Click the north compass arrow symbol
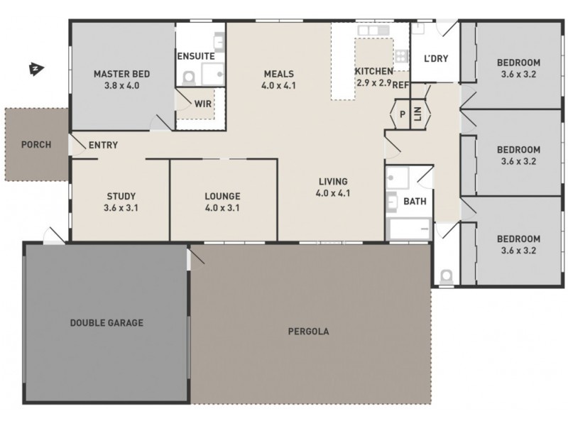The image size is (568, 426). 34,69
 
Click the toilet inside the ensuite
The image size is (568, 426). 189,76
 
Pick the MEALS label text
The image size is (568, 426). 279,73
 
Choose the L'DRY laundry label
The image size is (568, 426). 435,58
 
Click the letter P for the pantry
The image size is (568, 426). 401,114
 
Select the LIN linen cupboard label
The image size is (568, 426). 417,114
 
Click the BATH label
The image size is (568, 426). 415,201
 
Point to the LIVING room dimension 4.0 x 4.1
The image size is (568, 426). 332,193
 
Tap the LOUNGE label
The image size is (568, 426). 222,196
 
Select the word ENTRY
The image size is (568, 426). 103,146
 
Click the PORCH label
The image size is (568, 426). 35,145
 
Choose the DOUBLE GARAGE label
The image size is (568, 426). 106,323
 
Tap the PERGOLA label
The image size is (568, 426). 308,331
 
